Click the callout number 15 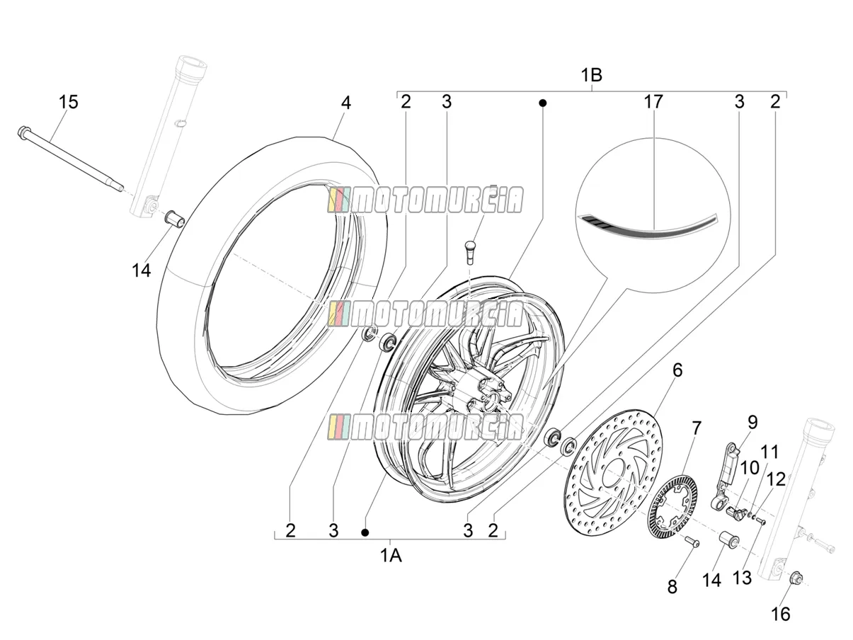69,102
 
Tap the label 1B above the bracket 592,75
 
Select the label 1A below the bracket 391,556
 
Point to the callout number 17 653,102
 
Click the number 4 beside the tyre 346,103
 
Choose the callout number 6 677,370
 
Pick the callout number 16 781,615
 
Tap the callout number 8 672,587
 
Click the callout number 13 743,578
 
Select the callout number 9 752,422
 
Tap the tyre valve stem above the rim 470,252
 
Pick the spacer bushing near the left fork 176,220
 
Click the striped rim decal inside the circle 648,226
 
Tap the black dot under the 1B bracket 543,103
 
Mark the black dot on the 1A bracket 365,532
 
